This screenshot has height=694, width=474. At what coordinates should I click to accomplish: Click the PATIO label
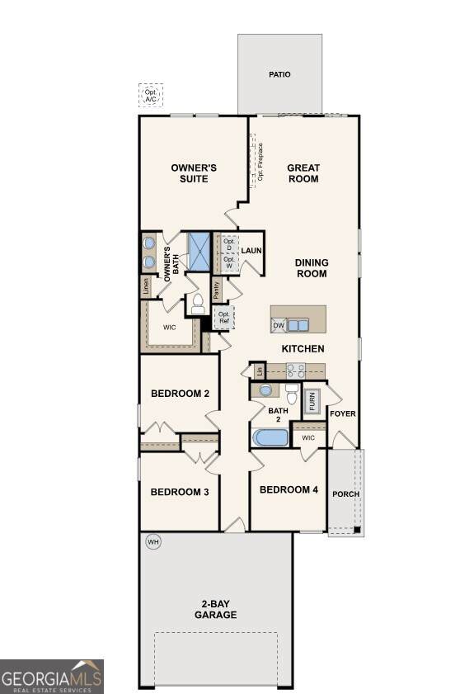[279, 74]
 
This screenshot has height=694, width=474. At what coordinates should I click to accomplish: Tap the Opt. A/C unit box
[151, 95]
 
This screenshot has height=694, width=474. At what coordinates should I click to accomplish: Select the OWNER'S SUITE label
[194, 173]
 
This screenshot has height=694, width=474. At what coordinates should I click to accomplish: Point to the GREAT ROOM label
[303, 173]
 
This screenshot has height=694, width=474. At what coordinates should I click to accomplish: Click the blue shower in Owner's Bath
[199, 252]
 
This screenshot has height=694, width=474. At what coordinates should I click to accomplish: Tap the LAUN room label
[251, 251]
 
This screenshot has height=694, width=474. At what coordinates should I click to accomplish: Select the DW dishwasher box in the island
[279, 326]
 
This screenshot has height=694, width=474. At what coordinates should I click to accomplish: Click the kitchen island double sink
[298, 326]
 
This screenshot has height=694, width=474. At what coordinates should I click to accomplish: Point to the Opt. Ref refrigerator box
[223, 318]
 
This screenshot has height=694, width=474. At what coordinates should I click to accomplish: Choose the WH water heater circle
[153, 541]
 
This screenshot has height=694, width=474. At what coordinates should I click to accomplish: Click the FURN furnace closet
[312, 401]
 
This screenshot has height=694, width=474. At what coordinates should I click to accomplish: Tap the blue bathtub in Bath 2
[270, 437]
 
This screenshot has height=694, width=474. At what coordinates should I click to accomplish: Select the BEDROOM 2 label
[180, 394]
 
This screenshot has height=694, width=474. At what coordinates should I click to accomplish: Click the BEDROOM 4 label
[289, 489]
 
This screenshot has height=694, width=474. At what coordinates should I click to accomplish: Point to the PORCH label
[345, 494]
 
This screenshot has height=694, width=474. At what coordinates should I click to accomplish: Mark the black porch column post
[357, 530]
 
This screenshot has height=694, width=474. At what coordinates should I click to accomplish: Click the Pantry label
[217, 290]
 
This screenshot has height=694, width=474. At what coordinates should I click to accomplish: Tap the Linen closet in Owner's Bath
[146, 287]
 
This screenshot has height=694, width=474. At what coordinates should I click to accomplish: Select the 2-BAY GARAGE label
[216, 609]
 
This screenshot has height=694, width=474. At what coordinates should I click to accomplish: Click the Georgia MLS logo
[52, 677]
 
